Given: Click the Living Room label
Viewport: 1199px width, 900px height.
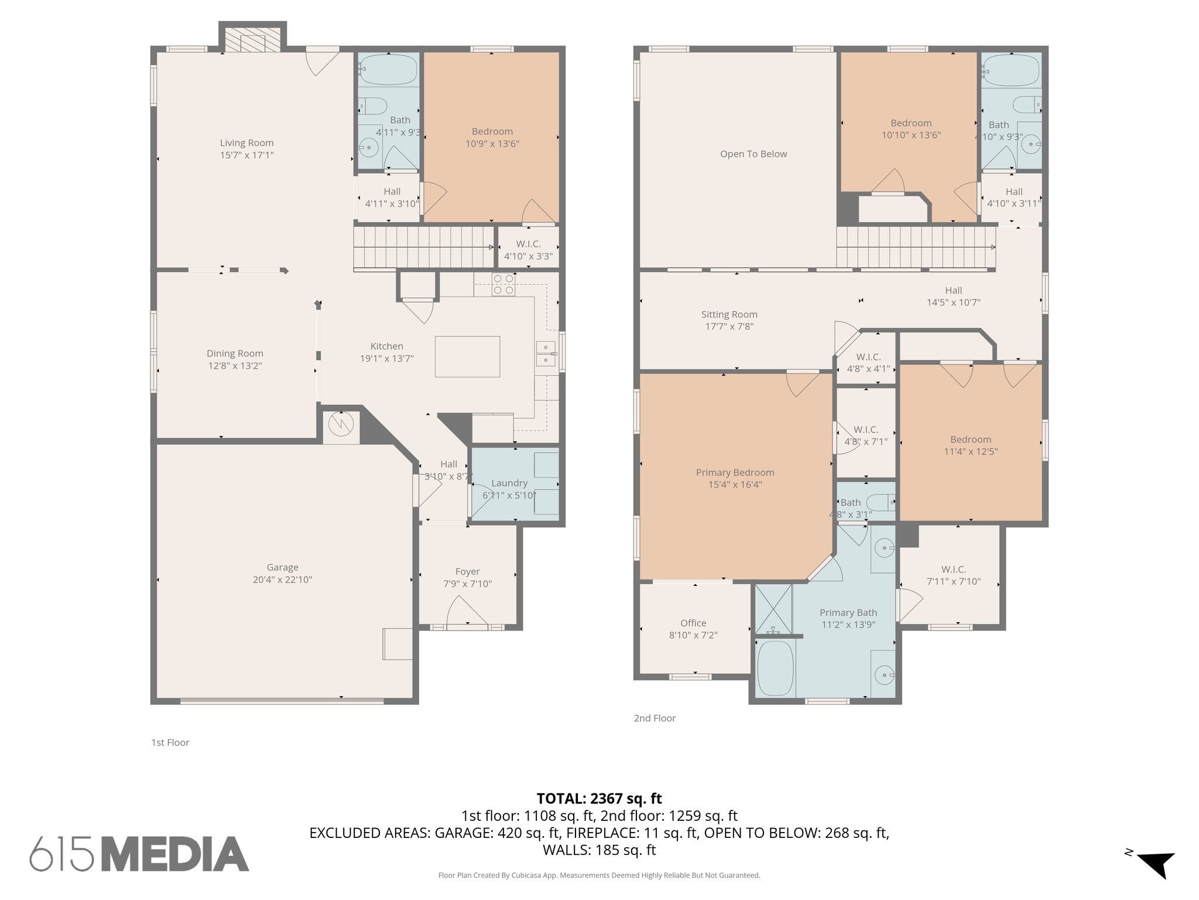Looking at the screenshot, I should [x=246, y=143].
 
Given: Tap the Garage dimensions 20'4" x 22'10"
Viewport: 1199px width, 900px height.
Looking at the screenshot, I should [x=282, y=580].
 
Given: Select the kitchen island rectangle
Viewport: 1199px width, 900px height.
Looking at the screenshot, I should [x=467, y=356].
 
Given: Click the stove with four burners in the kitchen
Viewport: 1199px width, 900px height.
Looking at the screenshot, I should [x=503, y=284].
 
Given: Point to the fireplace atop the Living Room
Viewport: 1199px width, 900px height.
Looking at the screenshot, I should [x=252, y=41].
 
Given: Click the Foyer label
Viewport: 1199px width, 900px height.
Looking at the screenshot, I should [x=467, y=571].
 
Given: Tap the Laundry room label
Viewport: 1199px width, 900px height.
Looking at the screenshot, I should [x=509, y=483].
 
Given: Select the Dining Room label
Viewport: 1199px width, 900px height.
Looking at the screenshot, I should [x=235, y=353].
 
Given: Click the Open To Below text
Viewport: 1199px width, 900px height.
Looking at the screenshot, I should [x=753, y=154].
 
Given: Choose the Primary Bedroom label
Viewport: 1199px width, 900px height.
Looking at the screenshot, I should [x=735, y=472].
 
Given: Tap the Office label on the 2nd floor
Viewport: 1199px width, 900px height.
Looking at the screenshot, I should [x=693, y=623].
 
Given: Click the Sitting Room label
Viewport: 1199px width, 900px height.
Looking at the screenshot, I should [x=729, y=315].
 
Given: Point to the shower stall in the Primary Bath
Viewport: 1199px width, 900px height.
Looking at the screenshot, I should [x=773, y=609].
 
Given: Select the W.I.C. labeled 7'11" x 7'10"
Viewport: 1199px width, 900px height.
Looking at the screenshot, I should [x=953, y=575].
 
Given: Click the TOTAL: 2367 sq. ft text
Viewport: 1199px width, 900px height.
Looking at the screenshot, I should [x=599, y=799].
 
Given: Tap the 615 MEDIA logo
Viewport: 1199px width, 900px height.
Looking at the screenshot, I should [x=139, y=854].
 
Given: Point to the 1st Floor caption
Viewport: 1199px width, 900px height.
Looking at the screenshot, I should [x=170, y=742].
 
